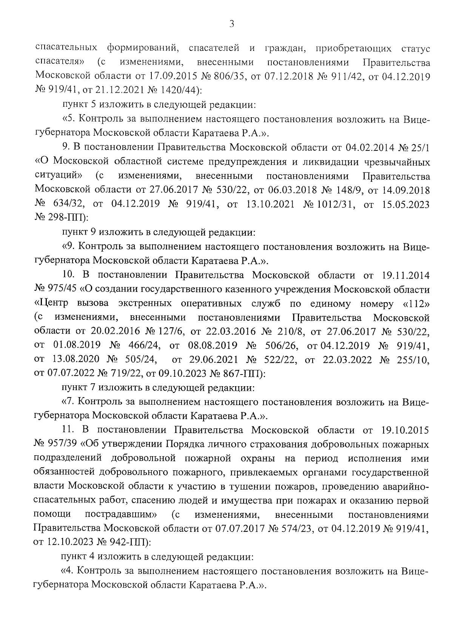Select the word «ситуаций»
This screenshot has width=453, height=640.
tap(59, 175)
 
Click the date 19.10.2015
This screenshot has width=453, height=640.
tap(402, 430)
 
